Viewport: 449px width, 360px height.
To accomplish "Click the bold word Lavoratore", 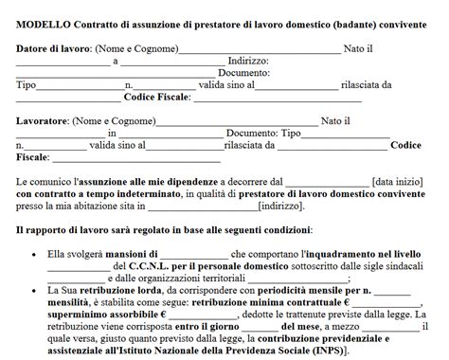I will [x=43, y=120].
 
